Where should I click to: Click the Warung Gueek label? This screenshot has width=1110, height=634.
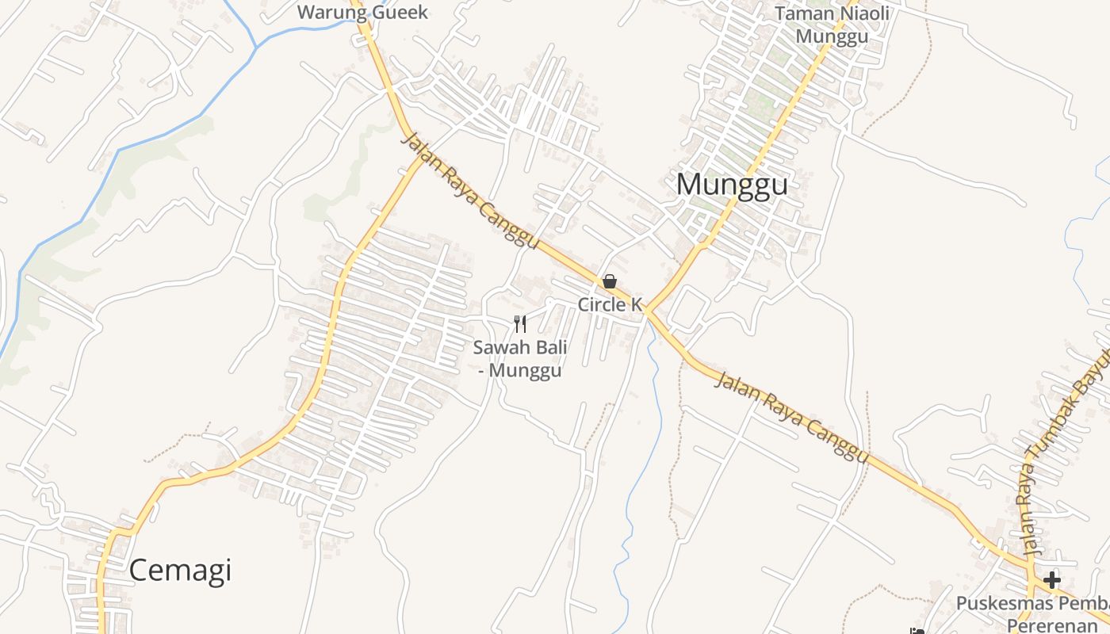coord(362,12)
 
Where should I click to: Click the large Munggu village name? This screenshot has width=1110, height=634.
coord(732,185)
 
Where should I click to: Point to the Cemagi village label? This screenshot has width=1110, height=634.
coord(180,571)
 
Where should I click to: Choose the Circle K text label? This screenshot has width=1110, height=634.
coord(609,304)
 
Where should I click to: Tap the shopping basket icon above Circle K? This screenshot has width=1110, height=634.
coord(610,281)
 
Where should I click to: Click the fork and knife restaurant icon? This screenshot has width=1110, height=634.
coord(520,323)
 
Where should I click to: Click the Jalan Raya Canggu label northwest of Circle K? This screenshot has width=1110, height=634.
coord(471,190)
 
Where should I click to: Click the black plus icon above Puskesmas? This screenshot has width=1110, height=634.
coord(1052,580)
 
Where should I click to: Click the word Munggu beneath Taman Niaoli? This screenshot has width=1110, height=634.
coord(827,36)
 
